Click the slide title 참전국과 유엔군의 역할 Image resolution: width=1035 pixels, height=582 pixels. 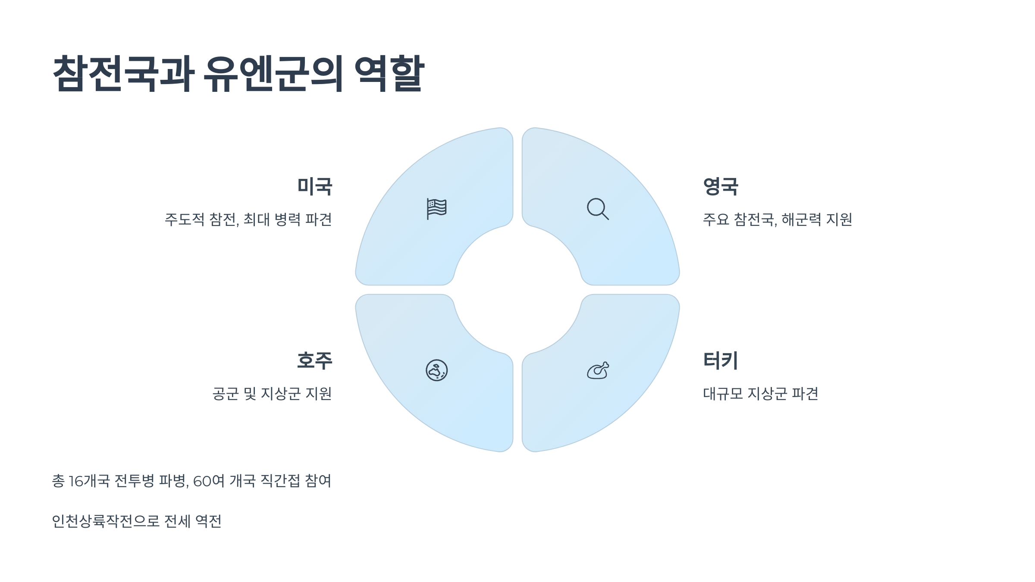coord(238,73)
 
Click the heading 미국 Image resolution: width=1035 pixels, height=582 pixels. coord(314,187)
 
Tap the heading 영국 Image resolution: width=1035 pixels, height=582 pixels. coord(721,187)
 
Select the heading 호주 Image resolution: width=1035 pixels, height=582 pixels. coord(314,360)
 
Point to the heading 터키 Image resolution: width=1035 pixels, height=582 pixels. coord(721,360)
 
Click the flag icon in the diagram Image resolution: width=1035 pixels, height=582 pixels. coord(436,209)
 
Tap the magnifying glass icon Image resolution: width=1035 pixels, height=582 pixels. coord(598,209)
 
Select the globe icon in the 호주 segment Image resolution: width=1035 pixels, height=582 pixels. coord(436,370)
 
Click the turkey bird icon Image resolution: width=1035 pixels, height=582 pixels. coord(598,370)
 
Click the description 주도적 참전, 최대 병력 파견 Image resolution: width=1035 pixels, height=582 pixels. coord(248,219)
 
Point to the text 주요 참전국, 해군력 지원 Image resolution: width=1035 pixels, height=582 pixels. coord(777,219)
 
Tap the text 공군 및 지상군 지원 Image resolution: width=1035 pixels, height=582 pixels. coord(272,394)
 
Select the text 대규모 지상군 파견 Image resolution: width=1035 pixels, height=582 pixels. coord(760,394)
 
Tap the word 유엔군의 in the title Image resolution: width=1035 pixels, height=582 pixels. coord(273,73)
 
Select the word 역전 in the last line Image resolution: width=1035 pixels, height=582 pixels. coord(208,521)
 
